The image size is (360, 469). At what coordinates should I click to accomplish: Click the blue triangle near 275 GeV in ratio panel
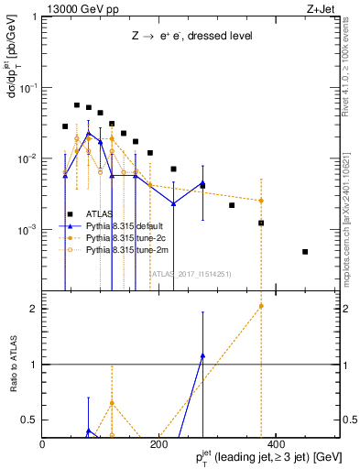pyautogui.click(x=202, y=354)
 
